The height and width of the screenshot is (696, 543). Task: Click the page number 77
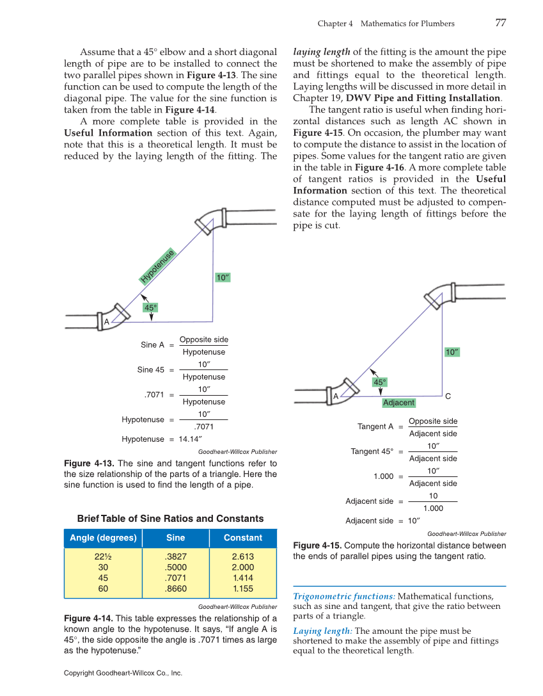pyautogui.click(x=500, y=23)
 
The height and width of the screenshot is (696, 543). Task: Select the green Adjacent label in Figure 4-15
pyautogui.click(x=398, y=403)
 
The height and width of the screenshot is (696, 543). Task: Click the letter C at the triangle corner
pyautogui.click(x=448, y=396)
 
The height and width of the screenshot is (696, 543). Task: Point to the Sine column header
pyautogui.click(x=175, y=538)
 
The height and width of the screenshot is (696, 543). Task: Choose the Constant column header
pyautogui.click(x=243, y=538)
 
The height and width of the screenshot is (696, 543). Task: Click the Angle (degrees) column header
pyautogui.click(x=103, y=538)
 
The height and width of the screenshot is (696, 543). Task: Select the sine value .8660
pyautogui.click(x=175, y=588)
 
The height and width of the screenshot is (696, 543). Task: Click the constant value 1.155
pyautogui.click(x=243, y=588)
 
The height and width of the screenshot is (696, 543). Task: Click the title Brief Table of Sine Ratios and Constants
pyautogui.click(x=170, y=519)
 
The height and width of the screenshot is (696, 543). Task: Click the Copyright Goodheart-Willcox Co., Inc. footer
pyautogui.click(x=123, y=673)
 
